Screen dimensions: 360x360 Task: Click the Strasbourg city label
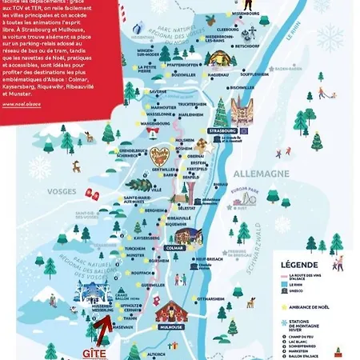(x=221, y=130)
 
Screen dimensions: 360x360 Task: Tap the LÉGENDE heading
(x=299, y=265)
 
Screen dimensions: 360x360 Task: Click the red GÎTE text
(x=94, y=352)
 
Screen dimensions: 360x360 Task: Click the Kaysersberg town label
(x=142, y=238)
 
